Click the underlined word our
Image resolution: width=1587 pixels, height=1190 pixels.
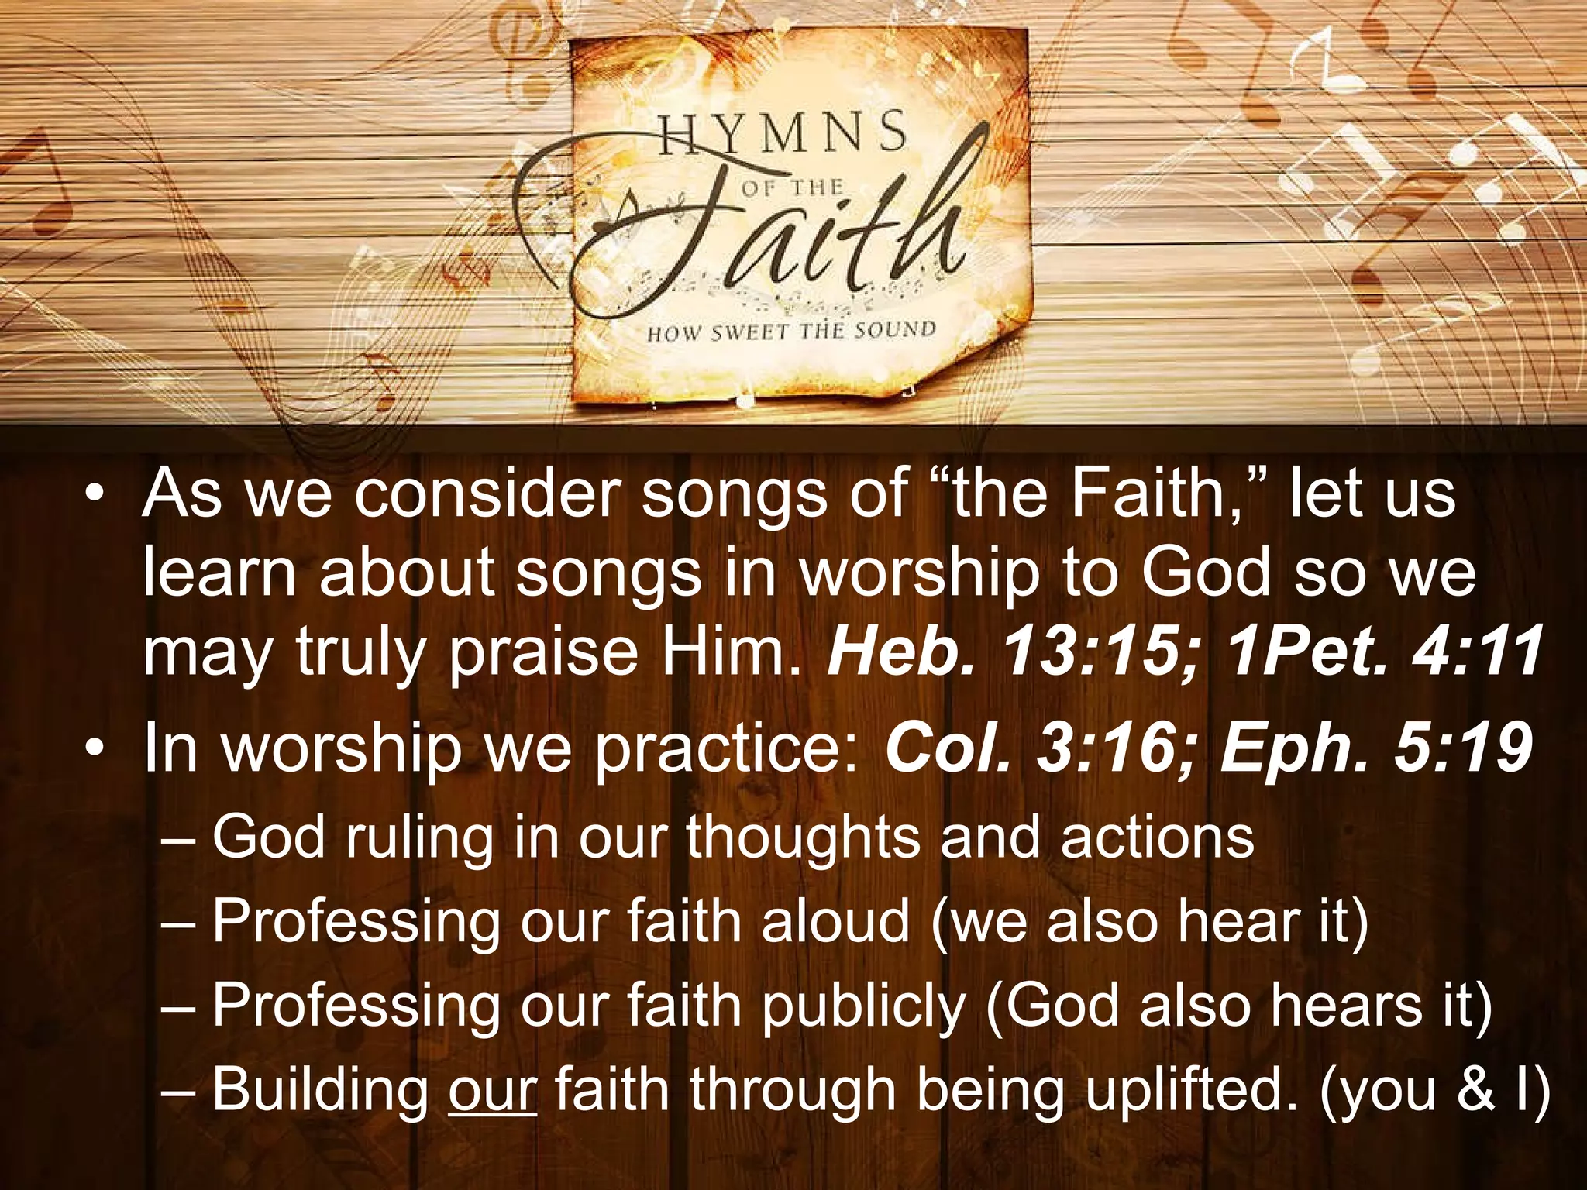[492, 1089]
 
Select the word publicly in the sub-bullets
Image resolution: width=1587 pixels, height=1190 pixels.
[863, 1005]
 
